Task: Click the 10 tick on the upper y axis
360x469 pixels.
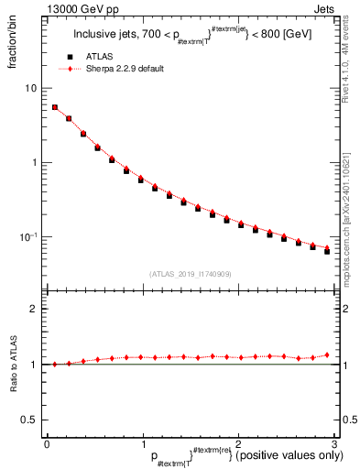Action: tap(32, 89)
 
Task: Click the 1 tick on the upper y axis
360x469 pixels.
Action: tap(35, 163)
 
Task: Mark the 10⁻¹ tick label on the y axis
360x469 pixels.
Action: tap(29, 237)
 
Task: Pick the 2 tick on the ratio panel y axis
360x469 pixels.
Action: tap(35, 309)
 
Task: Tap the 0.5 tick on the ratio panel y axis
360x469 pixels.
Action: tap(31, 420)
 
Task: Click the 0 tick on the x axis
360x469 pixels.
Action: tap(47, 444)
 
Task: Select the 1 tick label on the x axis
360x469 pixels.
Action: tap(142, 444)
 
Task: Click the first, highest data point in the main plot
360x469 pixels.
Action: tap(54, 107)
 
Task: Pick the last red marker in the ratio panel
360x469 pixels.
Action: tap(327, 354)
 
